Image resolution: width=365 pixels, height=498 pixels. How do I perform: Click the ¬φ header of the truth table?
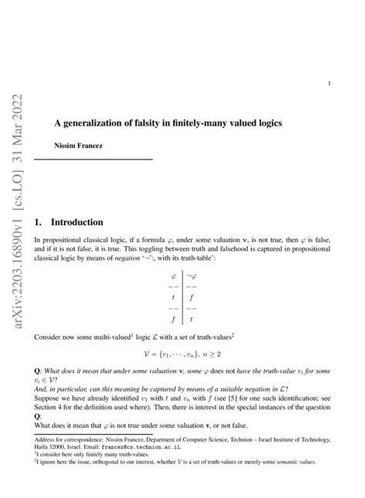click(192, 277)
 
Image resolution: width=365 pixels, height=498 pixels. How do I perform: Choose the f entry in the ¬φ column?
click(191, 297)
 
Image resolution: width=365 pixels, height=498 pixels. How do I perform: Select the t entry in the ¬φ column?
click(191, 318)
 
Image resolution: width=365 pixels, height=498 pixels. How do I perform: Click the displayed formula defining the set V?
click(182, 358)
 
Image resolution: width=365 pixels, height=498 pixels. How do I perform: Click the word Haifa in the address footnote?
click(45, 446)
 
